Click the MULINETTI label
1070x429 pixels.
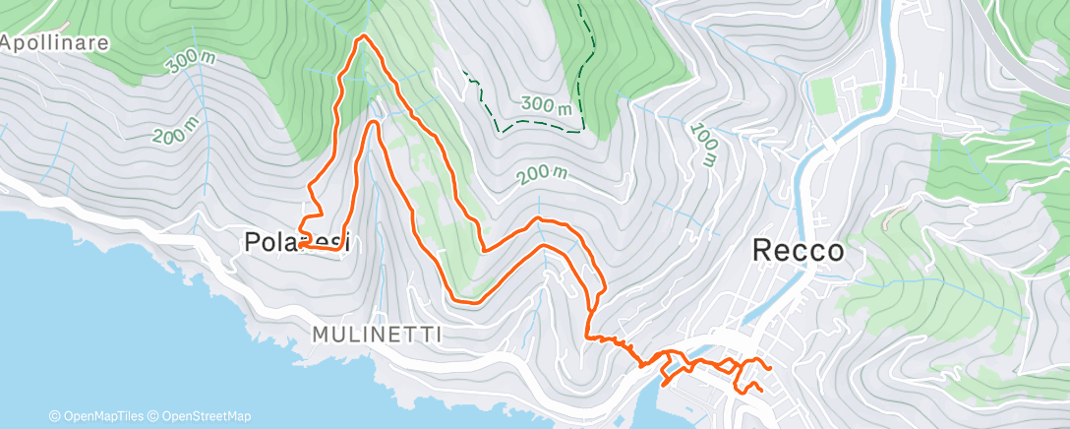tap(377, 335)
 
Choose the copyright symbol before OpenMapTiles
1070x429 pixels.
tap(54, 417)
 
